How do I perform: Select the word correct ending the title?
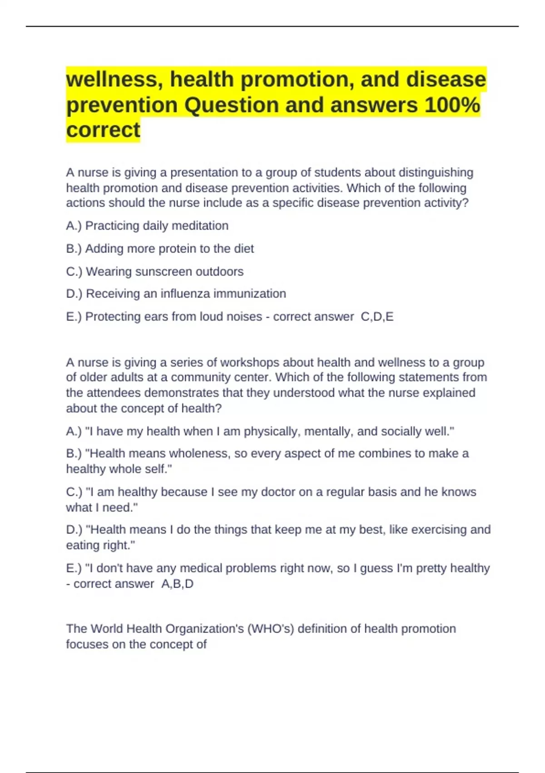103,130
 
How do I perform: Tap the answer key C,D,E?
377,316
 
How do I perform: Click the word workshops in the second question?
248,362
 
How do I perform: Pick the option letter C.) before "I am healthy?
74,492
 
